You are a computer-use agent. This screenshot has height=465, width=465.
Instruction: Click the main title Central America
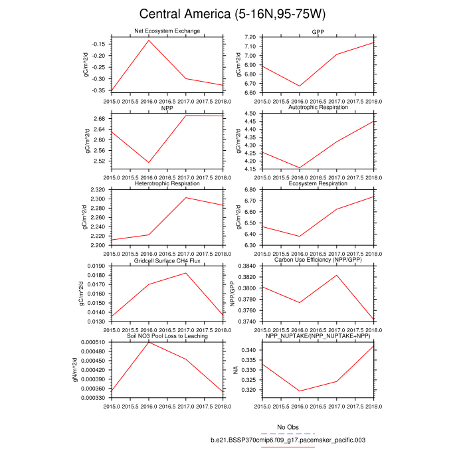click(232, 15)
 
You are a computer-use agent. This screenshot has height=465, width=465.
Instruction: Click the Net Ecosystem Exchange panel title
click(167, 31)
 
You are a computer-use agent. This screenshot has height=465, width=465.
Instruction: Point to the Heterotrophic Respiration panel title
click(167, 183)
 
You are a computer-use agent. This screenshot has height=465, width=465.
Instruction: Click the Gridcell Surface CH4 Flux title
click(167, 260)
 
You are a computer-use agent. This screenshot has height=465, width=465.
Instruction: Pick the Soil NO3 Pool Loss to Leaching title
click(167, 336)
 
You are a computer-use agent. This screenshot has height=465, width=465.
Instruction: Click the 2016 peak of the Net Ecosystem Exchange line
click(149, 41)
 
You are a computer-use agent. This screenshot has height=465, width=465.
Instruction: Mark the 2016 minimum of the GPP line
click(300, 86)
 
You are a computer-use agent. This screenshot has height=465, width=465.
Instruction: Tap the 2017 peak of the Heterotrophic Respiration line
click(186, 197)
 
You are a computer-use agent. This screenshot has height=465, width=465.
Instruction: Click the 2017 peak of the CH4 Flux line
click(186, 273)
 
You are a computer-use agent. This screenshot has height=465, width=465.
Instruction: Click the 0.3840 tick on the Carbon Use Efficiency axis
click(248, 266)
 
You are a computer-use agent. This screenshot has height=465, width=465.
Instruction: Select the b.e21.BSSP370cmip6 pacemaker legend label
click(288, 440)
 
